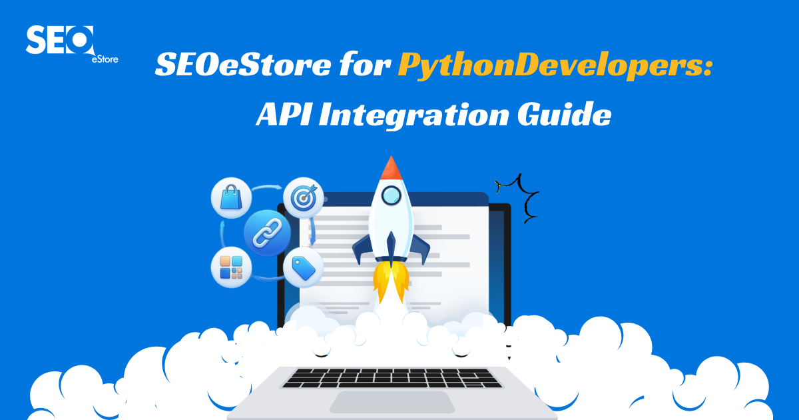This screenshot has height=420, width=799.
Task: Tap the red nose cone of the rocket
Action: coord(392,167)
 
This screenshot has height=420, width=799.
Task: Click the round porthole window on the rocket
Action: coord(392,195)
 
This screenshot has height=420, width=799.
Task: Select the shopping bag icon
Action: coord(232,198)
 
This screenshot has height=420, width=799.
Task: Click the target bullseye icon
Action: coord(304,198)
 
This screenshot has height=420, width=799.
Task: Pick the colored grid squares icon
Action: coord(232,267)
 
